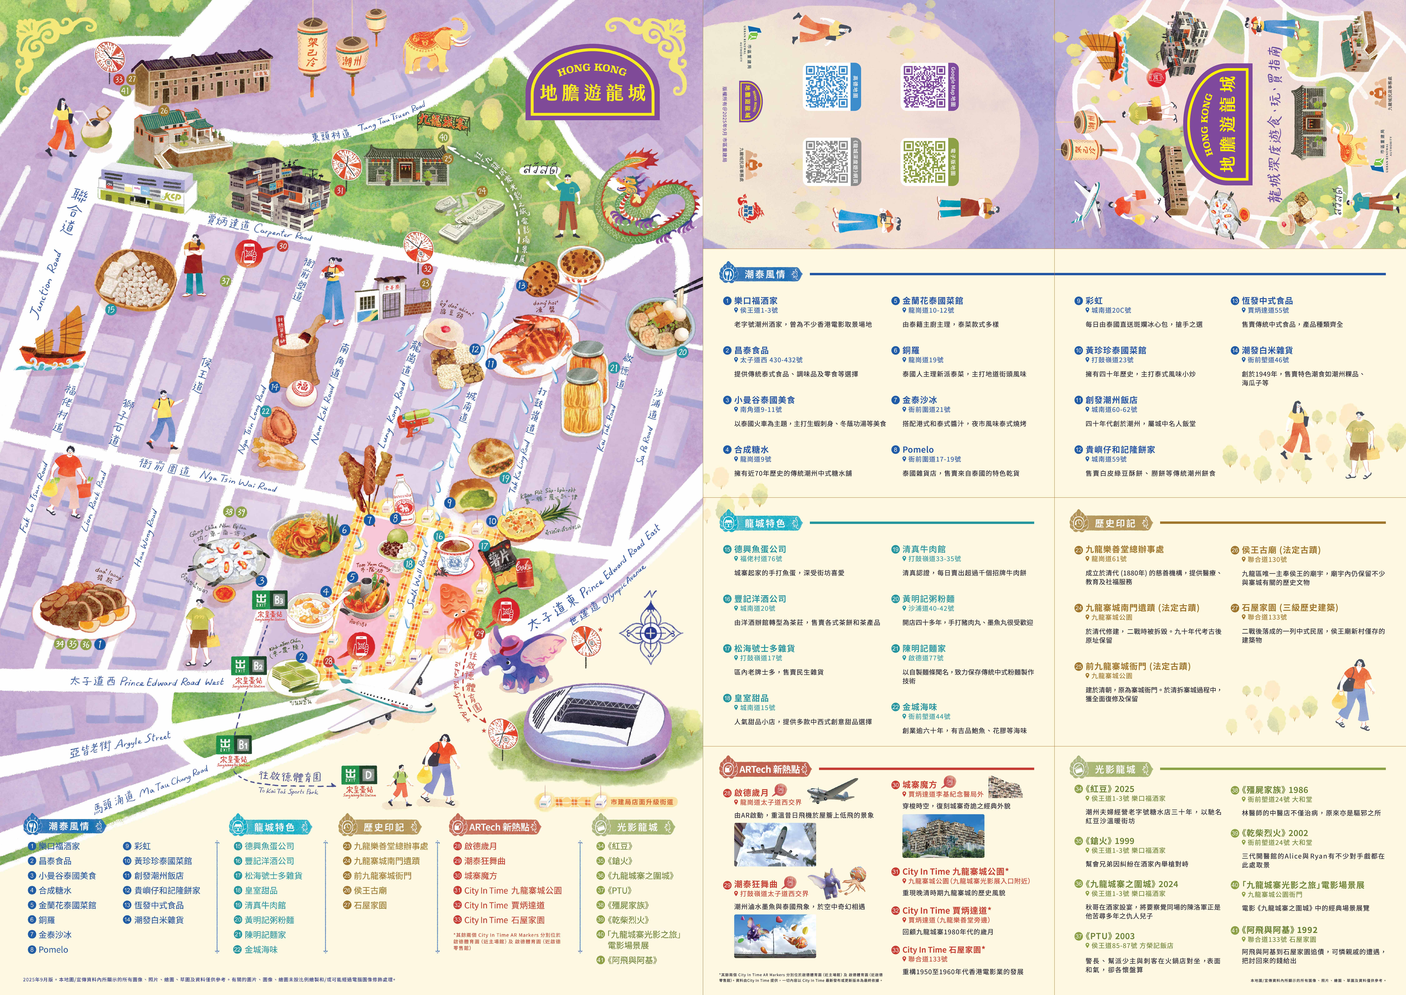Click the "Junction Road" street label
pyautogui.click(x=46, y=285)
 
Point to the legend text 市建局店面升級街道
pyautogui.click(x=641, y=801)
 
